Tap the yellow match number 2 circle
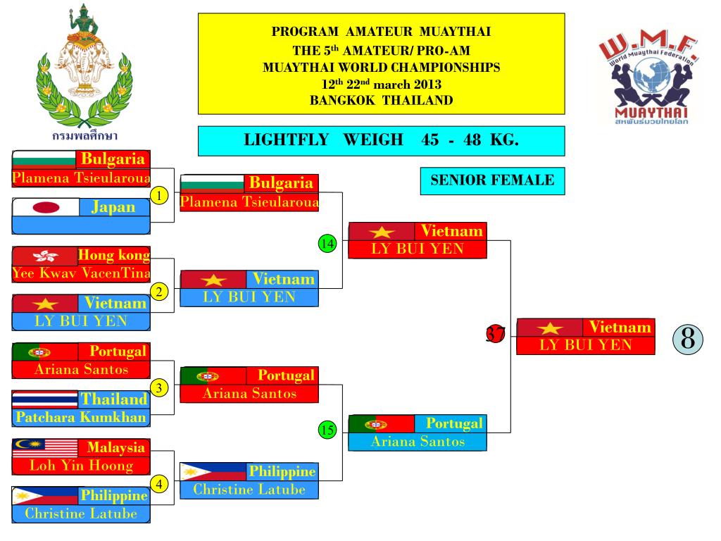click(161, 291)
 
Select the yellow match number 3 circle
click(161, 388)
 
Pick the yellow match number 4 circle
click(161, 484)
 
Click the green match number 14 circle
click(327, 244)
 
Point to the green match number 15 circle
click(327, 430)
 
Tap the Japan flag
click(46, 207)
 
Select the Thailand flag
click(45, 399)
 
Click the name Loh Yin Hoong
click(82, 465)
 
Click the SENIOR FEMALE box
click(492, 180)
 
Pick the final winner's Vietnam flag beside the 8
click(549, 328)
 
